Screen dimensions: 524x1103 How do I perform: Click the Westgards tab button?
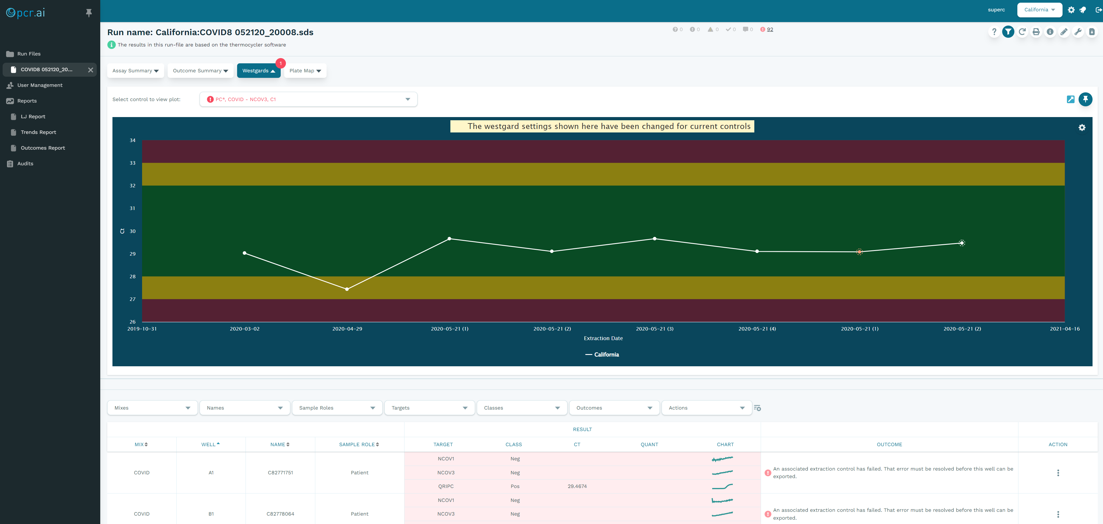point(258,71)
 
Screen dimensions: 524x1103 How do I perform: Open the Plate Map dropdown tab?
point(305,71)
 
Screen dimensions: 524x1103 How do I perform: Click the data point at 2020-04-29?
point(347,289)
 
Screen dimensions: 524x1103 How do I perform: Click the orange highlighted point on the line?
point(859,252)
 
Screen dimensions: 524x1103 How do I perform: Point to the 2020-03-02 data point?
point(244,253)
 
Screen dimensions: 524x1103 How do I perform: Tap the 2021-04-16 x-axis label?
point(1064,329)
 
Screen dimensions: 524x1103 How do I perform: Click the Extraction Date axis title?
point(603,338)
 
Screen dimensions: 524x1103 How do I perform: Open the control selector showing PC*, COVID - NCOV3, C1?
point(308,99)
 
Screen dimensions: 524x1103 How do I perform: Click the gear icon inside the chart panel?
point(1081,128)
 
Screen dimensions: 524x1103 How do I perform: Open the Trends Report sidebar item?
point(38,132)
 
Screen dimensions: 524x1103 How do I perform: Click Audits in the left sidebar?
point(25,164)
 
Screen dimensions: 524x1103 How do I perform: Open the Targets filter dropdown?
point(429,408)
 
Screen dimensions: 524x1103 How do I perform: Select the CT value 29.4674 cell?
point(577,486)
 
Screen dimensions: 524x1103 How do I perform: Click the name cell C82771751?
point(280,473)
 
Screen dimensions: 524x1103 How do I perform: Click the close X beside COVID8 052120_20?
point(90,70)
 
